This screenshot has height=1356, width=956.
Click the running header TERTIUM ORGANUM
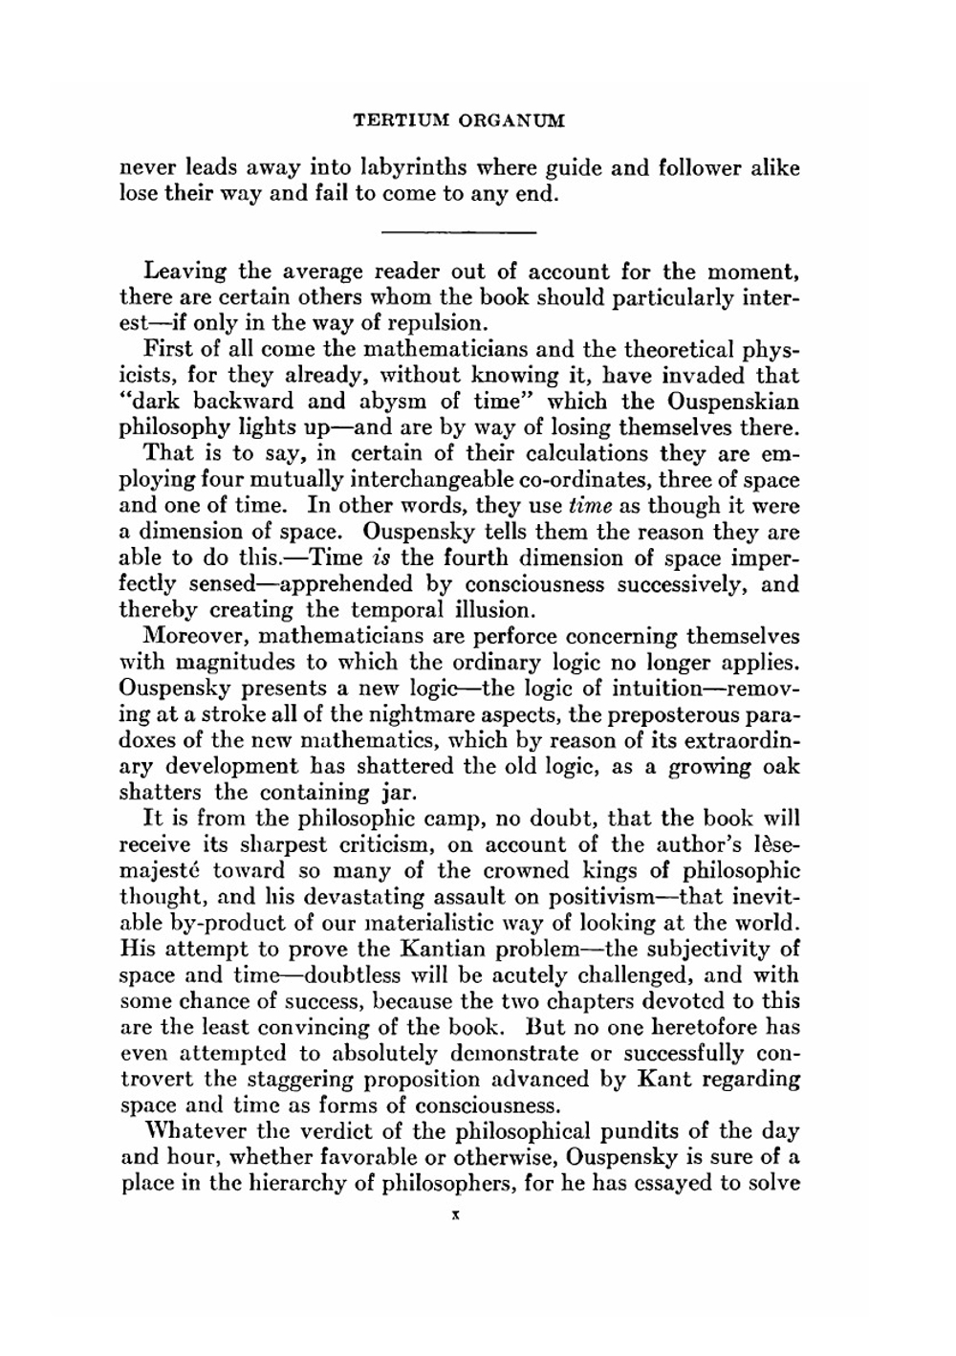[459, 121]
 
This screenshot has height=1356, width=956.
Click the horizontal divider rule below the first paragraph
[459, 232]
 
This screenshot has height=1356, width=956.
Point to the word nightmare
[417, 714]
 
